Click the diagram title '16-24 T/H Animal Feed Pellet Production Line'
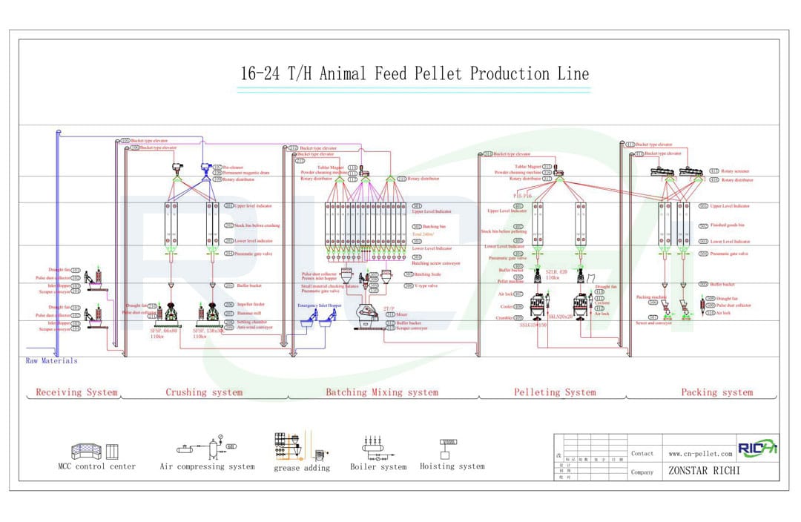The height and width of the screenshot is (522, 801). (415, 74)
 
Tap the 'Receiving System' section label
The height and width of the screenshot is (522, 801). (76, 392)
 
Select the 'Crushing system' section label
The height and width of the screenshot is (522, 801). (204, 392)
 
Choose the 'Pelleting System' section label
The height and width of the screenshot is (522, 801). (555, 392)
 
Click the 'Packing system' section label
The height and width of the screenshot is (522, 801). (716, 392)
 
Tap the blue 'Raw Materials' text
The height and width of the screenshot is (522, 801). (51, 361)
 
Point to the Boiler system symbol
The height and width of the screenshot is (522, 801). (378, 448)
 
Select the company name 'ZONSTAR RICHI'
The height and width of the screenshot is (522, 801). (704, 471)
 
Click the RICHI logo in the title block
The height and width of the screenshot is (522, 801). (756, 449)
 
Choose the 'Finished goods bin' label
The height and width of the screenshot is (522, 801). (727, 224)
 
